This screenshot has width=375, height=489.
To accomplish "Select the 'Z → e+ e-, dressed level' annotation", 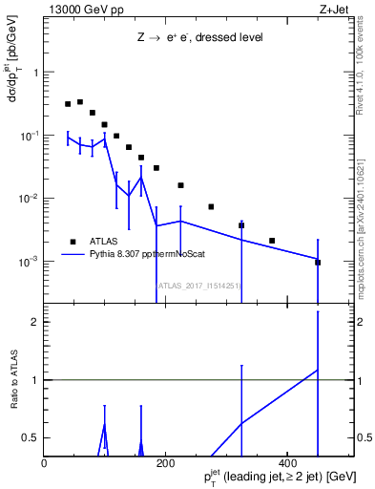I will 198,37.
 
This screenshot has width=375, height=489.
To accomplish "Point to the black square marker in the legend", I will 72,242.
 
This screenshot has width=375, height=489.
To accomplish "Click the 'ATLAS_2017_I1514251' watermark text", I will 198,285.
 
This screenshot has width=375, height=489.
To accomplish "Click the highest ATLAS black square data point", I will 80,101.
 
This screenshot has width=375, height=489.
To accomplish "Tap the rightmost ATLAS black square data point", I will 318,262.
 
